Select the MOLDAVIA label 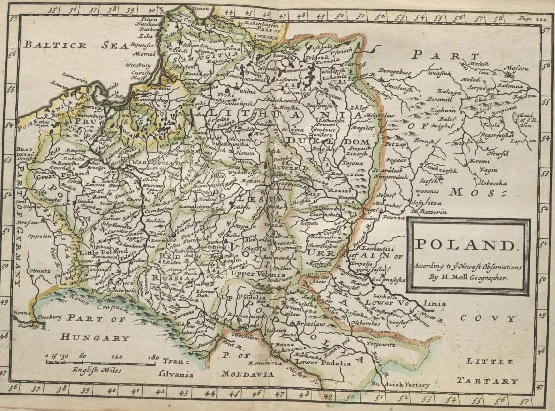click(247, 374)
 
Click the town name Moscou click(517, 68)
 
